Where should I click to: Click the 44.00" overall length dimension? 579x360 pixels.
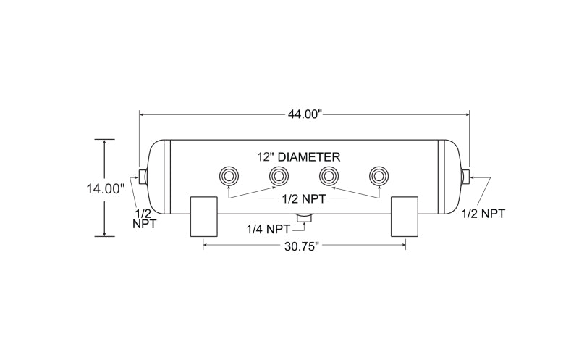tap(305, 114)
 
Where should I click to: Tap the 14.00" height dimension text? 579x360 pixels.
tap(105, 189)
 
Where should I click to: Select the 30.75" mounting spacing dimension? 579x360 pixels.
tap(301, 246)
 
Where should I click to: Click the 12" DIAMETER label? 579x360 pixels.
tap(299, 157)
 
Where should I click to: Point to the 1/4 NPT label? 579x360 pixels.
tap(269, 230)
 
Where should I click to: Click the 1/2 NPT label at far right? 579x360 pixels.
tap(483, 214)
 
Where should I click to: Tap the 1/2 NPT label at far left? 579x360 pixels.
tap(144, 219)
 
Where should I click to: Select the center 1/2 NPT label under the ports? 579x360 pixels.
tap(304, 199)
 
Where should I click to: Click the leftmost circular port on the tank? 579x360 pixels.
tap(229, 176)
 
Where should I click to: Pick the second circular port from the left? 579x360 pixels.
tap(279, 176)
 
